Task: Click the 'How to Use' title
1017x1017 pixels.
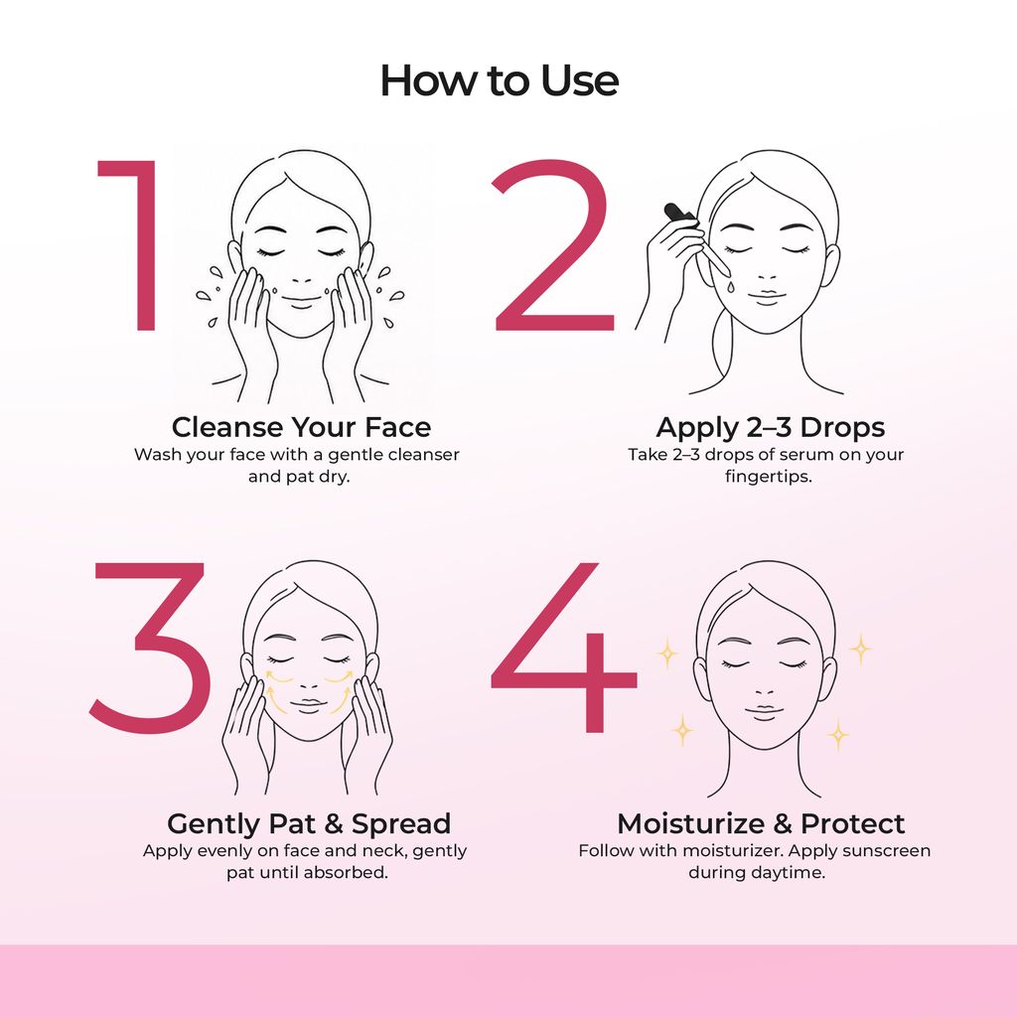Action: pyautogui.click(x=499, y=80)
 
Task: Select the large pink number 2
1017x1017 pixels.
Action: pyautogui.click(x=553, y=245)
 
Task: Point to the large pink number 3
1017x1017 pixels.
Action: pyautogui.click(x=151, y=648)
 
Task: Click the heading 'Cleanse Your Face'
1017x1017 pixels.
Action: pyautogui.click(x=302, y=427)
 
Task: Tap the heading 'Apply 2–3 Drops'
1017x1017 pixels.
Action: pyautogui.click(x=770, y=427)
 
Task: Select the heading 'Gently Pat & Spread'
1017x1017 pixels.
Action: pyautogui.click(x=309, y=823)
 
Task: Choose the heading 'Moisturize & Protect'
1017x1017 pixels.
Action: pyautogui.click(x=761, y=823)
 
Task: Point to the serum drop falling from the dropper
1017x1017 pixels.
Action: pyautogui.click(x=731, y=286)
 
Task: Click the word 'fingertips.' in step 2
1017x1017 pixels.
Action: pyautogui.click(x=769, y=477)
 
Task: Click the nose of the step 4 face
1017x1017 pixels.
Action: pyautogui.click(x=766, y=689)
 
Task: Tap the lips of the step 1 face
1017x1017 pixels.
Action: pyautogui.click(x=301, y=300)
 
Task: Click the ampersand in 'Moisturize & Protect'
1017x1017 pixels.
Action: pyautogui.click(x=783, y=823)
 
